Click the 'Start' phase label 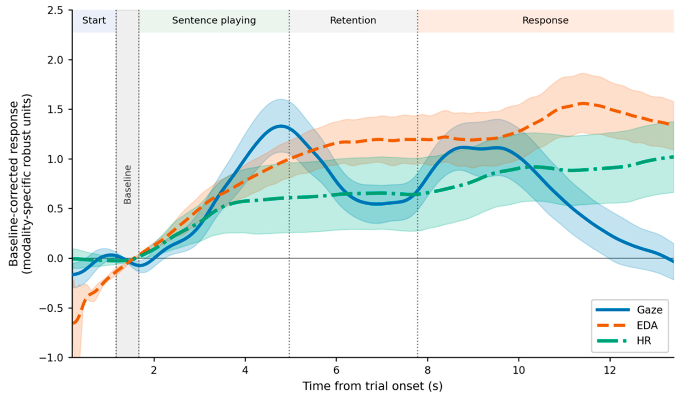(94, 20)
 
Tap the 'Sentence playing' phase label (214, 21)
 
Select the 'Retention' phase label (353, 20)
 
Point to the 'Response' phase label (545, 21)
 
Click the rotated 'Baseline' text (127, 185)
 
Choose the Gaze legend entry (629, 310)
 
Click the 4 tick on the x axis (245, 370)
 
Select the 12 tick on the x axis (610, 370)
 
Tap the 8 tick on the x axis (428, 370)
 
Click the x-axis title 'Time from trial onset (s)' (372, 386)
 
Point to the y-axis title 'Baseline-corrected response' (14, 185)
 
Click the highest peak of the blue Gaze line (280, 126)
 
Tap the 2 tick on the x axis (154, 370)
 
